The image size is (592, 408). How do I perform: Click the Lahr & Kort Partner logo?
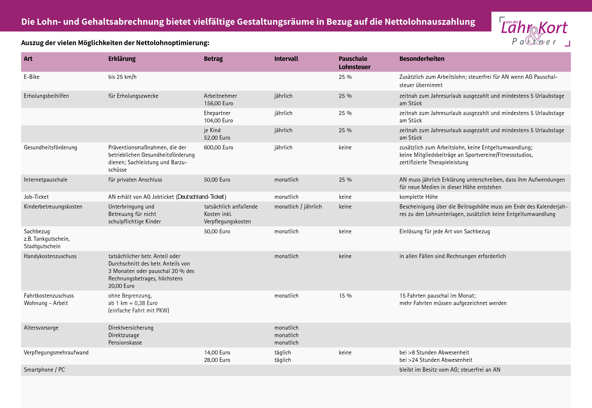pyautogui.click(x=534, y=31)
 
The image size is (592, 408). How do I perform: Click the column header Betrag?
pyautogui.click(x=213, y=59)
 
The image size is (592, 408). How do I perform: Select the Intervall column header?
pyautogui.click(x=286, y=59)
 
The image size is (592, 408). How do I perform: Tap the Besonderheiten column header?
pyautogui.click(x=422, y=59)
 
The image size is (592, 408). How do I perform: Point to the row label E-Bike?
pyautogui.click(x=31, y=77)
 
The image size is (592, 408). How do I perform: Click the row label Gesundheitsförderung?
pyautogui.click(x=50, y=148)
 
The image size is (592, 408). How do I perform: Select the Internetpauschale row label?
pyautogui.click(x=45, y=180)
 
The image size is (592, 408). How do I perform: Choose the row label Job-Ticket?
pyautogui.click(x=36, y=197)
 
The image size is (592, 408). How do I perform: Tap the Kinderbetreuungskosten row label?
pyautogui.click(x=53, y=207)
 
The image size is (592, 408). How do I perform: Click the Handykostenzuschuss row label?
pyautogui.click(x=50, y=256)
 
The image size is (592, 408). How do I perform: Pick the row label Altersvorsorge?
pyautogui.click(x=41, y=328)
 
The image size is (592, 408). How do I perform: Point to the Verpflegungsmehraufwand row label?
pyautogui.click(x=56, y=352)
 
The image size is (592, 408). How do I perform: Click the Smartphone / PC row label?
pyautogui.click(x=44, y=370)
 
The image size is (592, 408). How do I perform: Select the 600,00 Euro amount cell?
pyautogui.click(x=218, y=148)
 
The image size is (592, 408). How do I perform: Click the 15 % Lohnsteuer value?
pyautogui.click(x=345, y=296)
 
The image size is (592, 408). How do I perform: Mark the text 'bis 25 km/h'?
pyautogui.click(x=122, y=77)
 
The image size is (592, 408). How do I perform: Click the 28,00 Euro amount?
pyautogui.click(x=217, y=360)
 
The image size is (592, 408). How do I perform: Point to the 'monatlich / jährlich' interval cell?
pyautogui.click(x=298, y=207)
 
